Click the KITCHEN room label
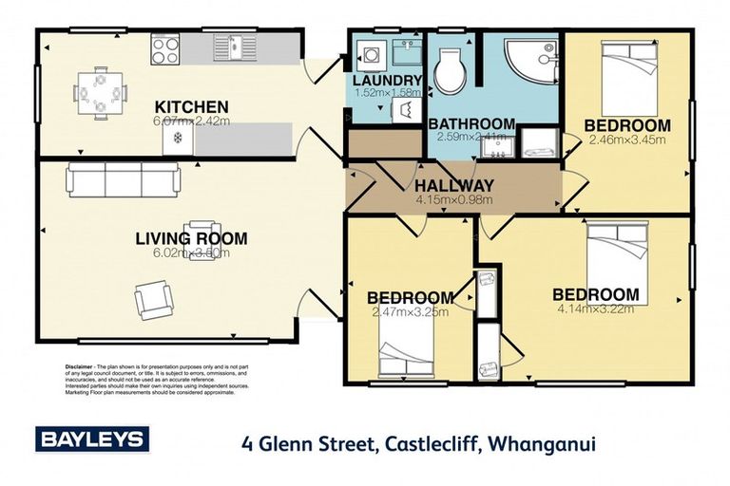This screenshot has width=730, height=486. click(191, 105)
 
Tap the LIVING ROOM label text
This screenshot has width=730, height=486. click(191, 238)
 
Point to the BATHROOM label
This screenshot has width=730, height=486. click(471, 123)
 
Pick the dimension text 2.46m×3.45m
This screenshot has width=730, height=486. click(627, 140)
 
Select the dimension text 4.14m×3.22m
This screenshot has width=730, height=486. click(595, 308)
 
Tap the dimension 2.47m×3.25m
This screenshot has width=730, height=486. click(411, 311)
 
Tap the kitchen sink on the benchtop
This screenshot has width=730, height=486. click(228, 45)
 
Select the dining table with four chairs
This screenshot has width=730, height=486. click(100, 94)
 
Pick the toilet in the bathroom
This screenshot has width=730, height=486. click(448, 70)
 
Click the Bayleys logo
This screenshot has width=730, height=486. click(92, 439)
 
